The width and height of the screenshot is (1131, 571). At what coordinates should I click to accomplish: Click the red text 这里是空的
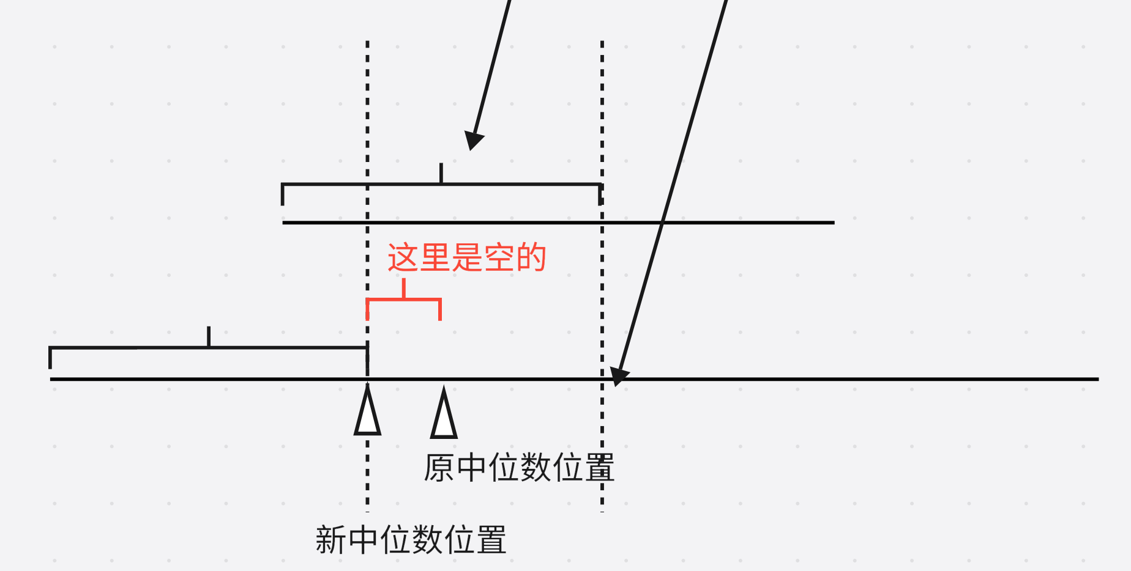click(x=466, y=257)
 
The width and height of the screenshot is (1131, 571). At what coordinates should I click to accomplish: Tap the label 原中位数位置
click(x=518, y=468)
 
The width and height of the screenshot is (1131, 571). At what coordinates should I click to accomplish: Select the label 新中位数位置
click(x=411, y=540)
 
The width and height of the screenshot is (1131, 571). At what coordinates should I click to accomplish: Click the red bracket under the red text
click(x=404, y=300)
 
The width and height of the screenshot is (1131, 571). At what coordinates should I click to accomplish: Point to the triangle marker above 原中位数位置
click(x=444, y=416)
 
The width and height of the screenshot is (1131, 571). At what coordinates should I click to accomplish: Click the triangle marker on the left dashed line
click(x=367, y=413)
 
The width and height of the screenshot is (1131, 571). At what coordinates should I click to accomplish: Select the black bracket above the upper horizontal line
click(x=441, y=184)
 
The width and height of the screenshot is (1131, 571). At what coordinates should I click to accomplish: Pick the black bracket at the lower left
click(x=208, y=348)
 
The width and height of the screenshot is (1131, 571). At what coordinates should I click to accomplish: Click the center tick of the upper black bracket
click(x=441, y=173)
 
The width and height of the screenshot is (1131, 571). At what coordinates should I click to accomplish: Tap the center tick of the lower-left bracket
click(x=209, y=337)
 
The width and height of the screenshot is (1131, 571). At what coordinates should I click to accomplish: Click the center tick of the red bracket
click(x=404, y=289)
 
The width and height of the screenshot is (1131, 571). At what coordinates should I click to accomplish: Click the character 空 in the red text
click(x=499, y=257)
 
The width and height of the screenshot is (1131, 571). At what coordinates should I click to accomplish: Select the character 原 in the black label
click(x=439, y=468)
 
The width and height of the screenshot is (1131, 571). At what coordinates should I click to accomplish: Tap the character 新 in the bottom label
click(x=331, y=540)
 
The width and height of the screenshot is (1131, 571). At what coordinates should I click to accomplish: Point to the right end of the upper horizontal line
click(x=833, y=223)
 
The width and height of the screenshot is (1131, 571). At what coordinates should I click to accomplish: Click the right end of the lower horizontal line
click(x=1097, y=379)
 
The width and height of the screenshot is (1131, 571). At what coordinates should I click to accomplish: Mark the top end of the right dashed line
click(x=602, y=43)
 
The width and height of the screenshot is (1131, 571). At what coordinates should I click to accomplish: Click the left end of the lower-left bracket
click(x=50, y=358)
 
